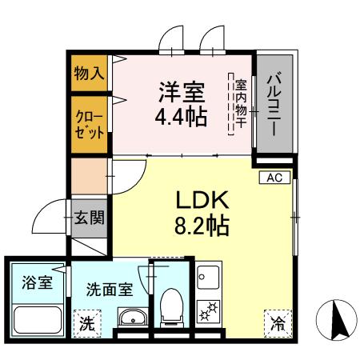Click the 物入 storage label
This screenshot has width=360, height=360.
pos(90,74)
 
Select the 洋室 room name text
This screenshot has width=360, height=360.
pos(181,90)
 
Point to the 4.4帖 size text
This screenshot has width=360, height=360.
pos(181,117)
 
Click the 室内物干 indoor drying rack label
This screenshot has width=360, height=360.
pos(241,105)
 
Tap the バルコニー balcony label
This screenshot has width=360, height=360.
pos(274,103)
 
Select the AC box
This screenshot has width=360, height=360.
pos(272,178)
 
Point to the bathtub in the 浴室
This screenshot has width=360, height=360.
pos(36,322)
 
